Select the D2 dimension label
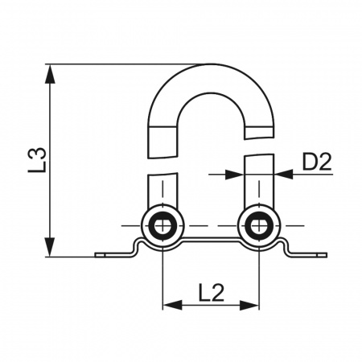(x=317, y=162)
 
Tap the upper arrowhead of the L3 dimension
(x=50, y=74)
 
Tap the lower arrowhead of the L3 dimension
(x=50, y=247)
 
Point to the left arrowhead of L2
(x=172, y=305)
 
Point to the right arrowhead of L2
(x=249, y=305)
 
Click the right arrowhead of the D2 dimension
(x=284, y=175)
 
